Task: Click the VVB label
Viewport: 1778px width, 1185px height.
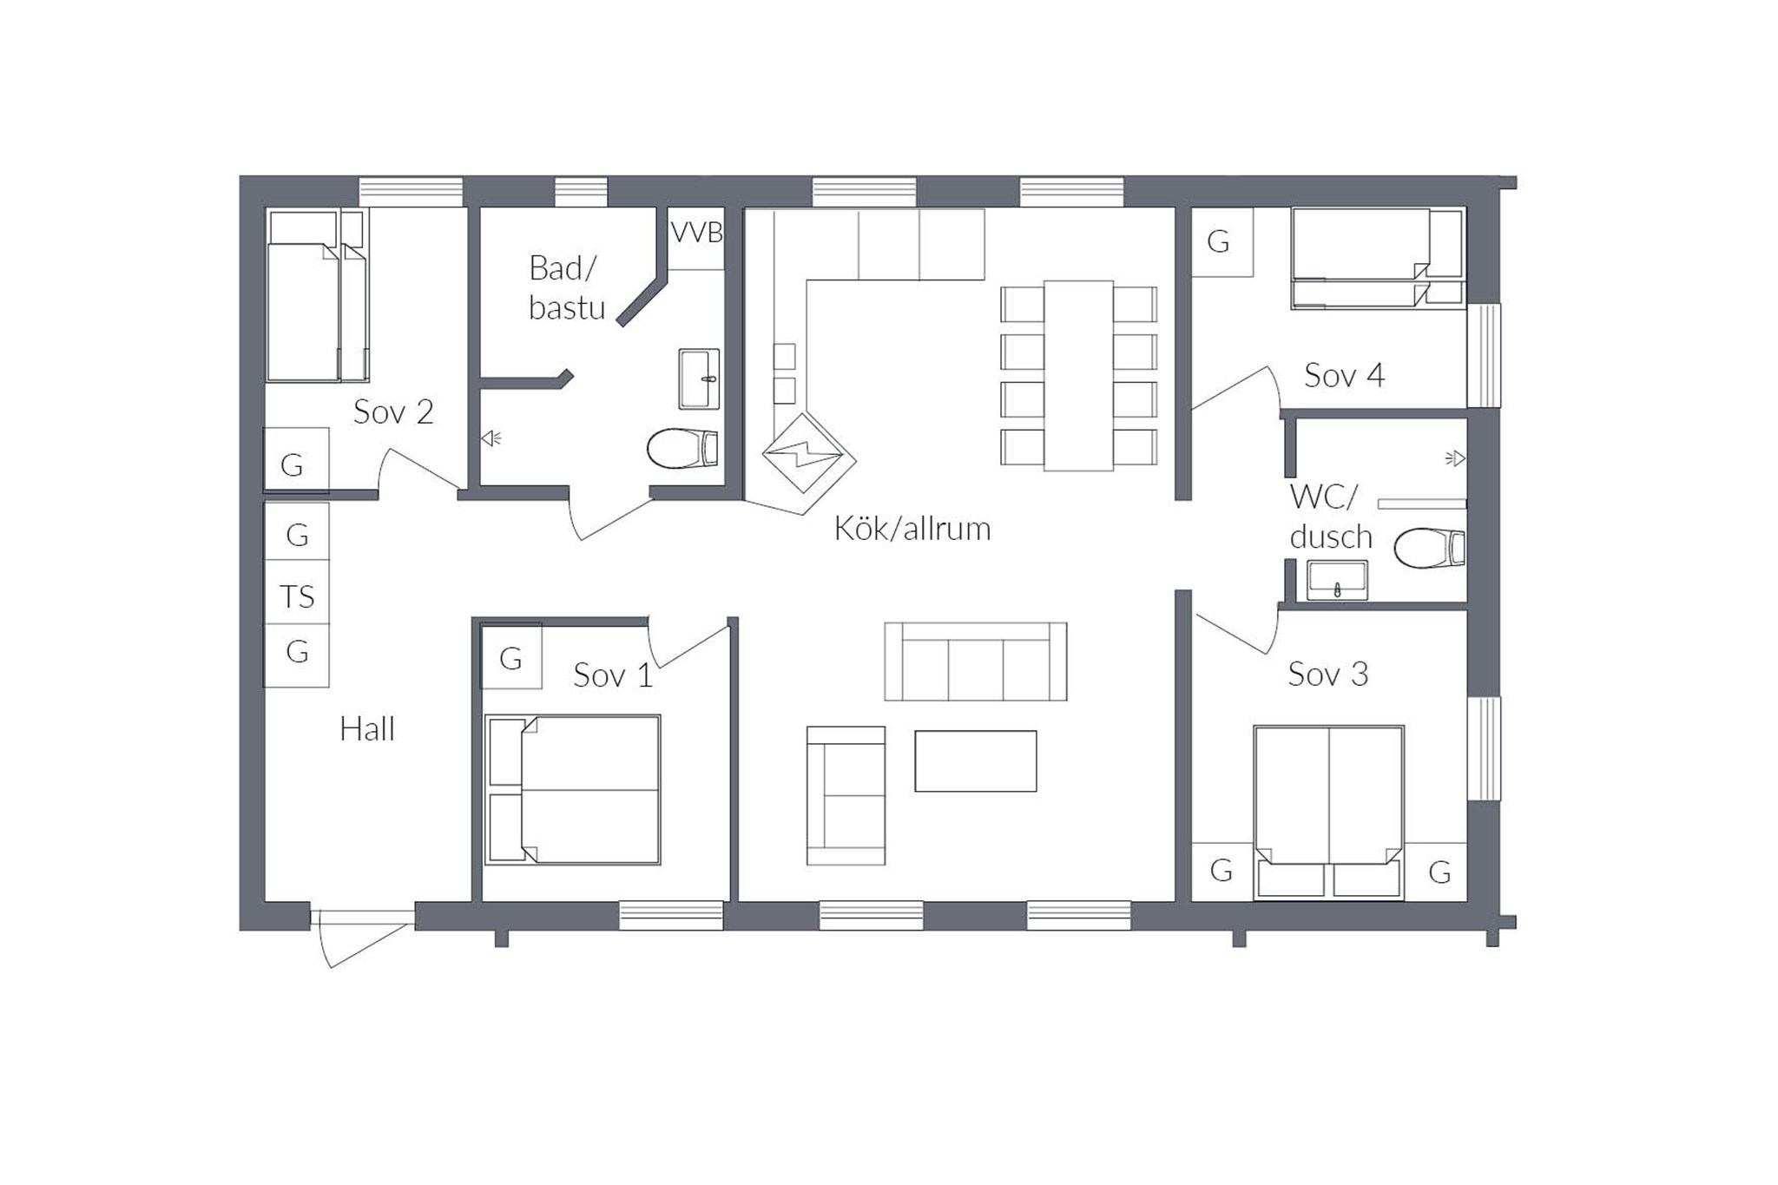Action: [x=697, y=233]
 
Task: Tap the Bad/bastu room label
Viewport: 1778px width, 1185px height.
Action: [x=566, y=288]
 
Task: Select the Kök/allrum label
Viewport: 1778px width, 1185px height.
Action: [x=912, y=529]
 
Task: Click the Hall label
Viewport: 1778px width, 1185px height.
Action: [x=367, y=729]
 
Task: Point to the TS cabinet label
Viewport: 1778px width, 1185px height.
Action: [x=297, y=596]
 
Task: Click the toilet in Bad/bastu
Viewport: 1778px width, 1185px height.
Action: [x=682, y=448]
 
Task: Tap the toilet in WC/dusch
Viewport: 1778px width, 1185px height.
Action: [x=1430, y=548]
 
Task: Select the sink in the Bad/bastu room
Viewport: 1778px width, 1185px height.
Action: [x=699, y=379]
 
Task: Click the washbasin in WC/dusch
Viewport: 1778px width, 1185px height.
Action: [x=1338, y=580]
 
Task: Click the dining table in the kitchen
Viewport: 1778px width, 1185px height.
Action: [x=1078, y=376]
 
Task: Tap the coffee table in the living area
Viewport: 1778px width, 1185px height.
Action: [x=976, y=761]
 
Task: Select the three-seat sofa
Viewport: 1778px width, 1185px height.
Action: [x=976, y=662]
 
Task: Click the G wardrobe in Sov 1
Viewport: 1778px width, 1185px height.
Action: [x=511, y=657]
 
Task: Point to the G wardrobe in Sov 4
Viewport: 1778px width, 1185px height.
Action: [x=1221, y=242]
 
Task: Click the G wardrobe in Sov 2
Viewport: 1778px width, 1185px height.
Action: [x=295, y=460]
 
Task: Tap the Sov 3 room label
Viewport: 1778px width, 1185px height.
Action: [x=1327, y=675]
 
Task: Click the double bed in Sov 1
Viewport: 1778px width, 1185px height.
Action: [x=573, y=790]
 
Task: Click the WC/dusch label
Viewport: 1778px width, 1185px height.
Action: [x=1329, y=517]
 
